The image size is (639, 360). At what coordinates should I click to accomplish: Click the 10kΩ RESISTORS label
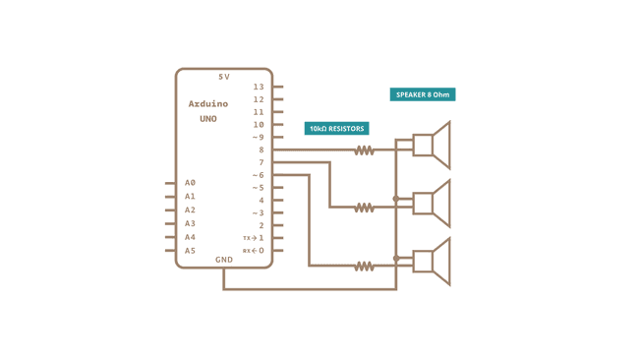pos(336,129)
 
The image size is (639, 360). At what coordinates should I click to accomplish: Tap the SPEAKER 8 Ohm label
pos(423,95)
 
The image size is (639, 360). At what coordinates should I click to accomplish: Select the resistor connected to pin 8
pos(365,150)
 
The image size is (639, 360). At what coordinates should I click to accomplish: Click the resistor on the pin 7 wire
pos(365,208)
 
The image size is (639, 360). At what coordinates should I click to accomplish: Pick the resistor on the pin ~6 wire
pos(365,266)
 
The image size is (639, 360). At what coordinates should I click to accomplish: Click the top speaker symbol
pos(432,146)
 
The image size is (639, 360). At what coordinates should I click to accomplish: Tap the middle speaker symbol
pos(432,203)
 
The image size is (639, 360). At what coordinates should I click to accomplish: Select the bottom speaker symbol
pos(432,261)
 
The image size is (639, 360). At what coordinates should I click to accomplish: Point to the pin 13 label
pos(259,87)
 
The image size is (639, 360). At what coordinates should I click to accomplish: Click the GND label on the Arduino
pos(224,260)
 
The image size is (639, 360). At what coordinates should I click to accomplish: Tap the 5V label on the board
pos(224,77)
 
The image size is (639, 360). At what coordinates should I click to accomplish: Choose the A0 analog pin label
pos(190,183)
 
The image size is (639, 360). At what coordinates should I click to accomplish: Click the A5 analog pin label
pos(190,251)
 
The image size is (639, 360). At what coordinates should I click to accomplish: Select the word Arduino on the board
pos(208,104)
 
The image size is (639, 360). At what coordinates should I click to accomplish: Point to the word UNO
pos(208,119)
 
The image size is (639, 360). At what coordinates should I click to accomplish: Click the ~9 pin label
pos(258,138)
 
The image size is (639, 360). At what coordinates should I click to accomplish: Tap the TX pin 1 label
pos(254,238)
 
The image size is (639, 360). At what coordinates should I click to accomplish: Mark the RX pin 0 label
pos(254,251)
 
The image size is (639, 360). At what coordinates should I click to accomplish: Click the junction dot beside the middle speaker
pos(396,199)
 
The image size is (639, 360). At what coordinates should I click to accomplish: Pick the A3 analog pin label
pos(190,223)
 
